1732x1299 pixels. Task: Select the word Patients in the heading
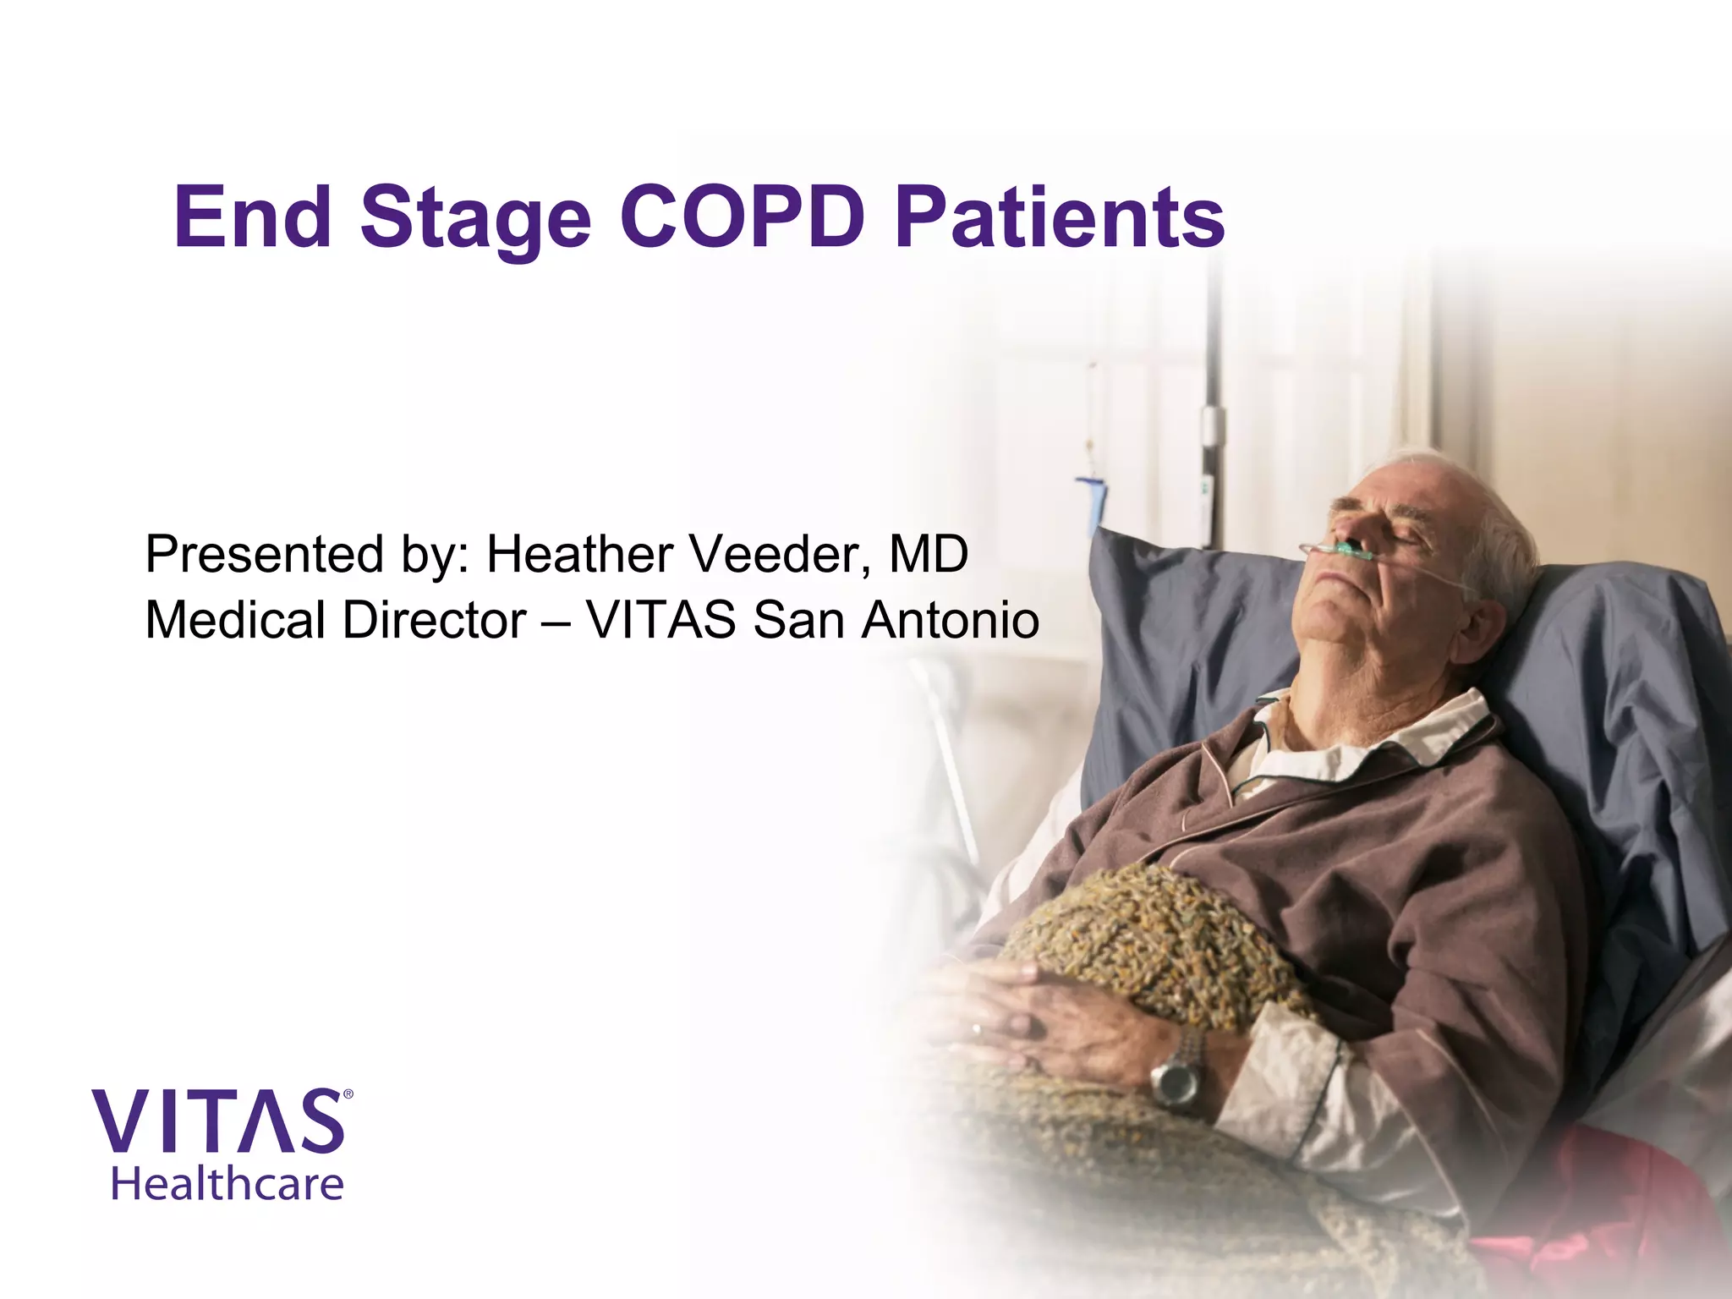point(1059,217)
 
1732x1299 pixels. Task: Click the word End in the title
point(252,217)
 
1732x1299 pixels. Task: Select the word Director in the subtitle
point(434,620)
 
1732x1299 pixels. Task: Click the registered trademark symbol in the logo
point(348,1094)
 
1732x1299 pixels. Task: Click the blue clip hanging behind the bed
point(1093,499)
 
